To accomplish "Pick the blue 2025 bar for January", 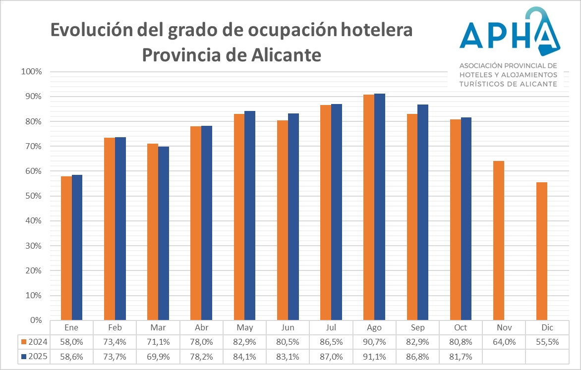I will pyautogui.click(x=77, y=248).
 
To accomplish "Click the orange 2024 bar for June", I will pyautogui.click(x=283, y=220).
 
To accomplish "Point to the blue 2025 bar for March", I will pyautogui.click(x=164, y=233).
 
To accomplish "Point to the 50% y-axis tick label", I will pyautogui.click(x=33, y=196).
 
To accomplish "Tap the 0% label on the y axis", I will pyautogui.click(x=35, y=320).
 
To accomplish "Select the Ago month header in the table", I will pyautogui.click(x=374, y=328).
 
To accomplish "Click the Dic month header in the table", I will pyautogui.click(x=547, y=328).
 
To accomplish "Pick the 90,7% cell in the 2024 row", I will pyautogui.click(x=374, y=342).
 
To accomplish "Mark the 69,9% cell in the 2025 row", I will pyautogui.click(x=158, y=356).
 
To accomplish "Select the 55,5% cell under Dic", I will pyautogui.click(x=547, y=342).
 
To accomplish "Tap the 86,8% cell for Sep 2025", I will pyautogui.click(x=417, y=356).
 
